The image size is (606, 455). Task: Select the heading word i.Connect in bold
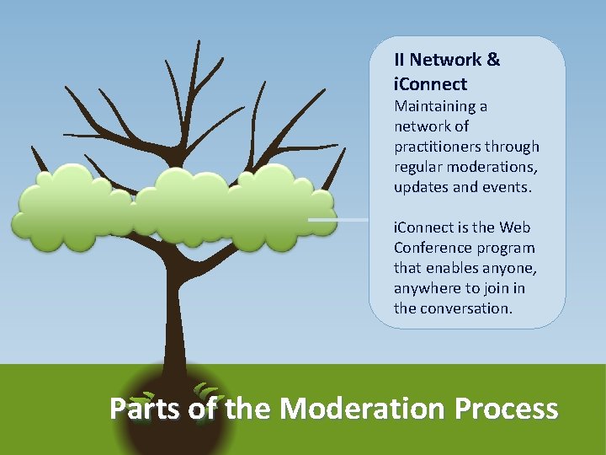430,84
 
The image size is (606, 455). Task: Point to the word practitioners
437,147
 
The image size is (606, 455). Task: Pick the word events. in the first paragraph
508,187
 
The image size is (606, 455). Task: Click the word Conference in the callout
430,248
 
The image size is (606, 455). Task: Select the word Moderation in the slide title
363,409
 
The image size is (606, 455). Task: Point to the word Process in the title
506,409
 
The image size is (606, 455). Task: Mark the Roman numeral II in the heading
400,60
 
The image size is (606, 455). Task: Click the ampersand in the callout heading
493,60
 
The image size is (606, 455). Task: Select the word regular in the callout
418,167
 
